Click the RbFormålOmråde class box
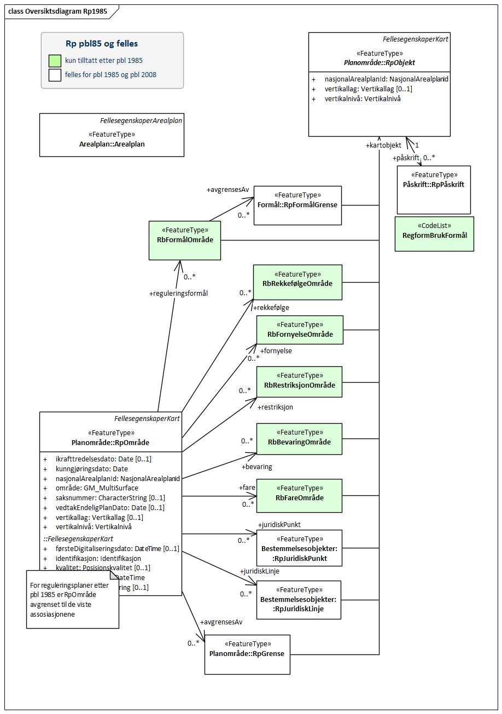point(185,240)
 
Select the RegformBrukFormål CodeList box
point(434,234)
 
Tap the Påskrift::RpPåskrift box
point(433,189)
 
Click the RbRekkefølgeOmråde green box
point(297,282)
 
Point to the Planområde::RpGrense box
point(247,654)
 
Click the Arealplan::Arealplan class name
point(112,144)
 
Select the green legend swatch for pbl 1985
point(55,61)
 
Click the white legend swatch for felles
point(55,74)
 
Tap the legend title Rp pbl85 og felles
point(102,44)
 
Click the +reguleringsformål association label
point(178,294)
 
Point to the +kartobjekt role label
point(383,145)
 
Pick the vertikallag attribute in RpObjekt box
point(368,89)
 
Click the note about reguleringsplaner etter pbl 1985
point(72,599)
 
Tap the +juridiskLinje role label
point(259,571)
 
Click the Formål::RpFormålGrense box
point(297,205)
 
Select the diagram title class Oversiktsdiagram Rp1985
point(57,11)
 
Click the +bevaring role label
point(256,467)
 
